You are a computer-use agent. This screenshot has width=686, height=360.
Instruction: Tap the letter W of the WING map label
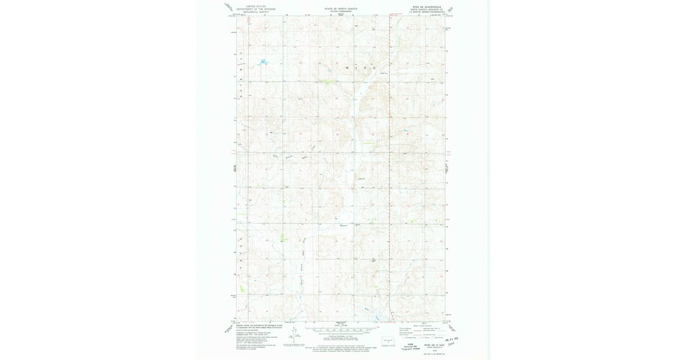(x=347, y=68)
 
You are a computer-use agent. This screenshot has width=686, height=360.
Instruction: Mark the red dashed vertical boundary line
(x=390, y=171)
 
